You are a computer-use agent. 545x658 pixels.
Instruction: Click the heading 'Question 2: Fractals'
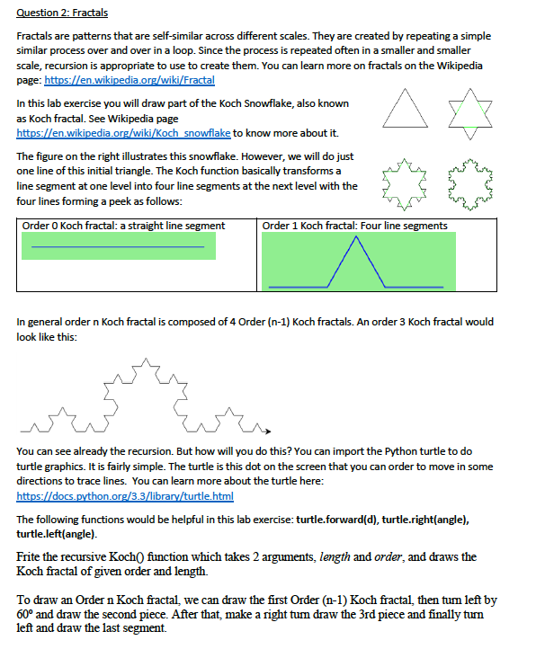[x=58, y=13]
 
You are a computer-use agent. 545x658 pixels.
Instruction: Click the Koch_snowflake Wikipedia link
[x=125, y=133]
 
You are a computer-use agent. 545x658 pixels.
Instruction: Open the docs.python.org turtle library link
[x=125, y=496]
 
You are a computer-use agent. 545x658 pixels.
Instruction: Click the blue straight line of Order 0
[x=118, y=246]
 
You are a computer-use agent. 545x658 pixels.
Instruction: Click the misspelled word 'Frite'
[x=30, y=557]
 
